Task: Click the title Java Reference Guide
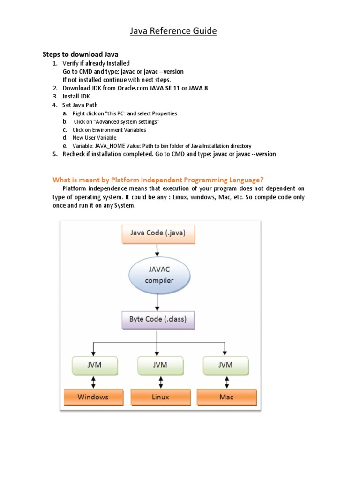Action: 173,31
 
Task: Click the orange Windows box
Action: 93,397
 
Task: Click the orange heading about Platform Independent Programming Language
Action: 158,180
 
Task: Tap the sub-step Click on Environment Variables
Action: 109,130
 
